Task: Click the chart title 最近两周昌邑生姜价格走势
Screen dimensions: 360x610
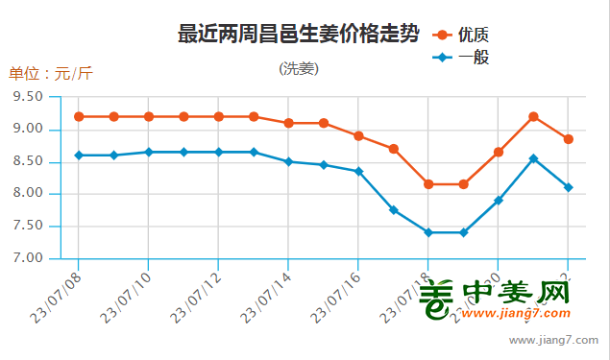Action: pos(299,35)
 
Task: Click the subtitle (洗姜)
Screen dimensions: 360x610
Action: pos(299,69)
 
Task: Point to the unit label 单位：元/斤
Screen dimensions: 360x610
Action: pos(51,74)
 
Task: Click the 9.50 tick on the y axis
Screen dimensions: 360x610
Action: pos(29,97)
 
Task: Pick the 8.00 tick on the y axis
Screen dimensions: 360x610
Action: pos(29,194)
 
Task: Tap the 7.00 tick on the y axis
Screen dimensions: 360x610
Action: pos(29,258)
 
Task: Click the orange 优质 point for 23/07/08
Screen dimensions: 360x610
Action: pos(79,116)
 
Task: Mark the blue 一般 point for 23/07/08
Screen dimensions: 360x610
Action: pos(79,155)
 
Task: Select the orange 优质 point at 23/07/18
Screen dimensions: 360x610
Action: pos(428,183)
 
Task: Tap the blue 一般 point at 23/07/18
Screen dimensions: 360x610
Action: pos(428,232)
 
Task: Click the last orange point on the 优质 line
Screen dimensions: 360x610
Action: pos(569,139)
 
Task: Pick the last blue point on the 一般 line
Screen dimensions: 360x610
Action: pos(569,187)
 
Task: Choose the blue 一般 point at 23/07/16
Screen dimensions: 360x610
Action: pos(358,171)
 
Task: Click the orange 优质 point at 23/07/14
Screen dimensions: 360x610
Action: pos(288,123)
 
